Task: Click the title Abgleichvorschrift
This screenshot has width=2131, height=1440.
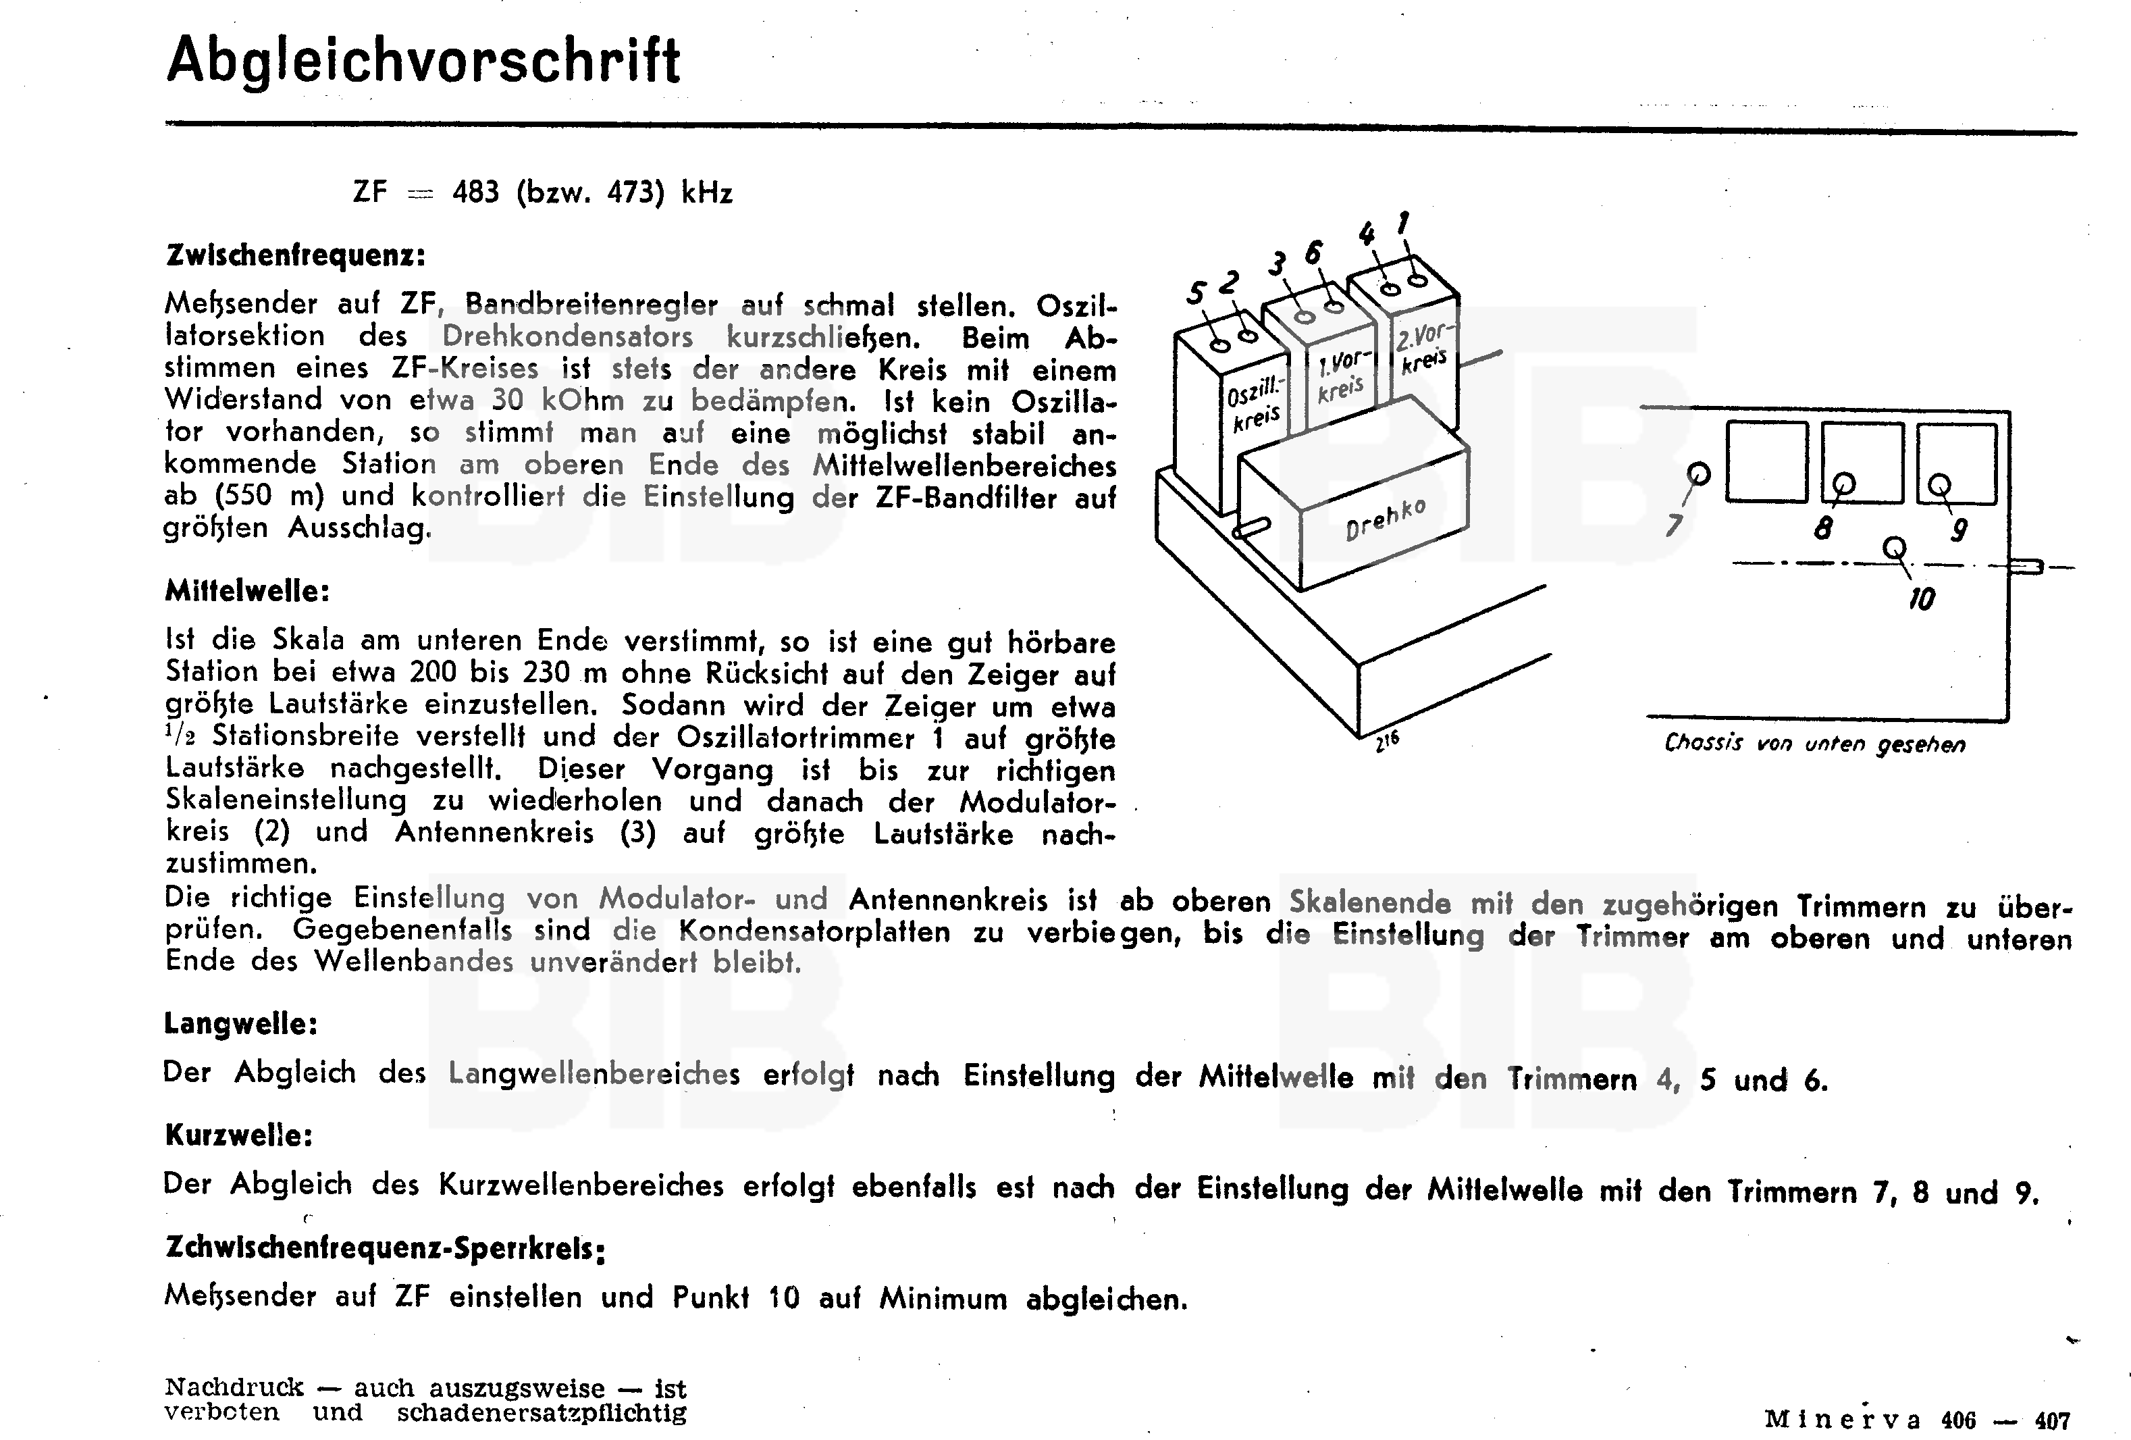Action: [x=423, y=61]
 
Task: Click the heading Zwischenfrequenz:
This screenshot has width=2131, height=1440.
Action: [x=295, y=255]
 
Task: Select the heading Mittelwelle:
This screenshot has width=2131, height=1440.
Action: [x=246, y=591]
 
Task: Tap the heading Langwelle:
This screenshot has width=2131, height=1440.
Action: [x=240, y=1023]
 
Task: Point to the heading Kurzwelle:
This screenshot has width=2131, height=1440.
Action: [x=238, y=1135]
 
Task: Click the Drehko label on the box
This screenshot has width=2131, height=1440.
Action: [x=1385, y=520]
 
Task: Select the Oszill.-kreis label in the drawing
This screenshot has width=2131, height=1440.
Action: [x=1255, y=407]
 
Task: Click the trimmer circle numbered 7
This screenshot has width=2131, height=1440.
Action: [x=1698, y=474]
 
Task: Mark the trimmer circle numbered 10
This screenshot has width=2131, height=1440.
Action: [x=1893, y=548]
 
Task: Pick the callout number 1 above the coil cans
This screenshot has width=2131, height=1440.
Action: [x=1403, y=223]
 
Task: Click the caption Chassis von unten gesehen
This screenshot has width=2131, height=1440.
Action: [x=1814, y=743]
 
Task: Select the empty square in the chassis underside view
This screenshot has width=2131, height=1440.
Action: [x=1766, y=461]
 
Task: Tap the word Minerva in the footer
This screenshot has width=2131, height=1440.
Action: [x=1841, y=1420]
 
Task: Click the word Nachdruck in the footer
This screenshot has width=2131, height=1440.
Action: [x=234, y=1387]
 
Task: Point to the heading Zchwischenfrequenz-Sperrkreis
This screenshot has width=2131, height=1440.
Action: [x=384, y=1248]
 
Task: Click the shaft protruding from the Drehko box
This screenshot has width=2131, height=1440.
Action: [x=1252, y=528]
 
